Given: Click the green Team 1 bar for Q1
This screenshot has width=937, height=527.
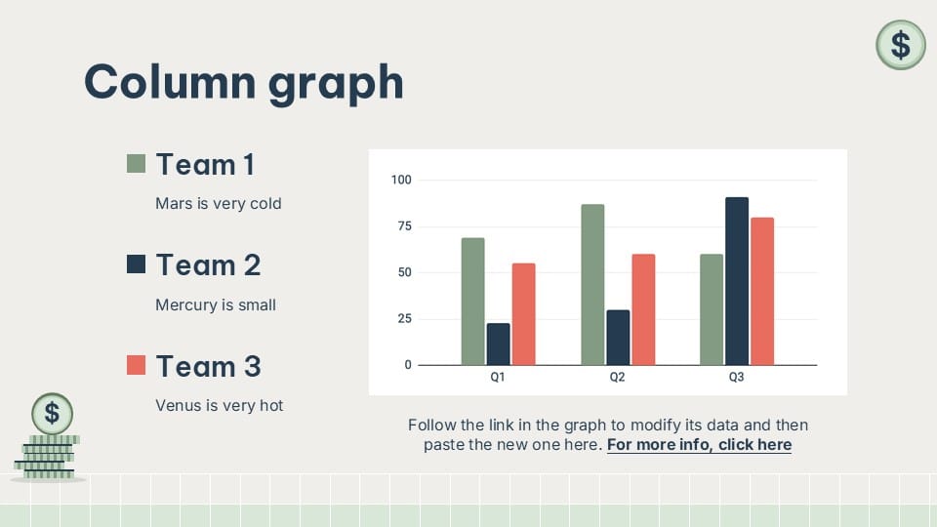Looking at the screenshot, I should [x=472, y=302].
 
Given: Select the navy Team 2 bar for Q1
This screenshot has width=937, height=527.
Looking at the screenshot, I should [x=498, y=344].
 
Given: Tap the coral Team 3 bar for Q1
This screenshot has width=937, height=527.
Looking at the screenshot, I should [x=523, y=314].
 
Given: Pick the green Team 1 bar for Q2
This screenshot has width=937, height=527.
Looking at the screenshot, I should [x=592, y=284].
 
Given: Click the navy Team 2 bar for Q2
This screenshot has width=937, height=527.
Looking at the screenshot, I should [x=618, y=338].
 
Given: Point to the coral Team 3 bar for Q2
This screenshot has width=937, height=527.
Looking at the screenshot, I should [x=643, y=309].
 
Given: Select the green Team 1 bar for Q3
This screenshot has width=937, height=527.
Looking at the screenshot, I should [x=712, y=309].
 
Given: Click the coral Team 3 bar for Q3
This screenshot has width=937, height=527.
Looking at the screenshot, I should [x=762, y=291].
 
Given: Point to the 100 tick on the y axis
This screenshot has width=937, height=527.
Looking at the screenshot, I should [x=401, y=180].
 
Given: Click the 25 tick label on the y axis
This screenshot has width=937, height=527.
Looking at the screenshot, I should [x=404, y=319].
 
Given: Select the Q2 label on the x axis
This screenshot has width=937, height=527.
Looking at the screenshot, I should [x=617, y=377].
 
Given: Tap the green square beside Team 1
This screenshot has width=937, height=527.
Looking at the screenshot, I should [x=137, y=163].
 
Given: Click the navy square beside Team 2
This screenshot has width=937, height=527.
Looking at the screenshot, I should [x=137, y=263].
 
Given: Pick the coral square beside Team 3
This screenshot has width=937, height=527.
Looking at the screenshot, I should [x=137, y=365].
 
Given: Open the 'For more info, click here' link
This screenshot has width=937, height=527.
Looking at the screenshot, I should [x=699, y=445].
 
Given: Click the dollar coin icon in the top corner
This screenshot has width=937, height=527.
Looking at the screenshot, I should [x=900, y=45].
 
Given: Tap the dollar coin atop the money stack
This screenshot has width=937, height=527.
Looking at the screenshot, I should [x=52, y=413].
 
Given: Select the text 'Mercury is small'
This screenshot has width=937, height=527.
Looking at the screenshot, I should [x=216, y=304].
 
